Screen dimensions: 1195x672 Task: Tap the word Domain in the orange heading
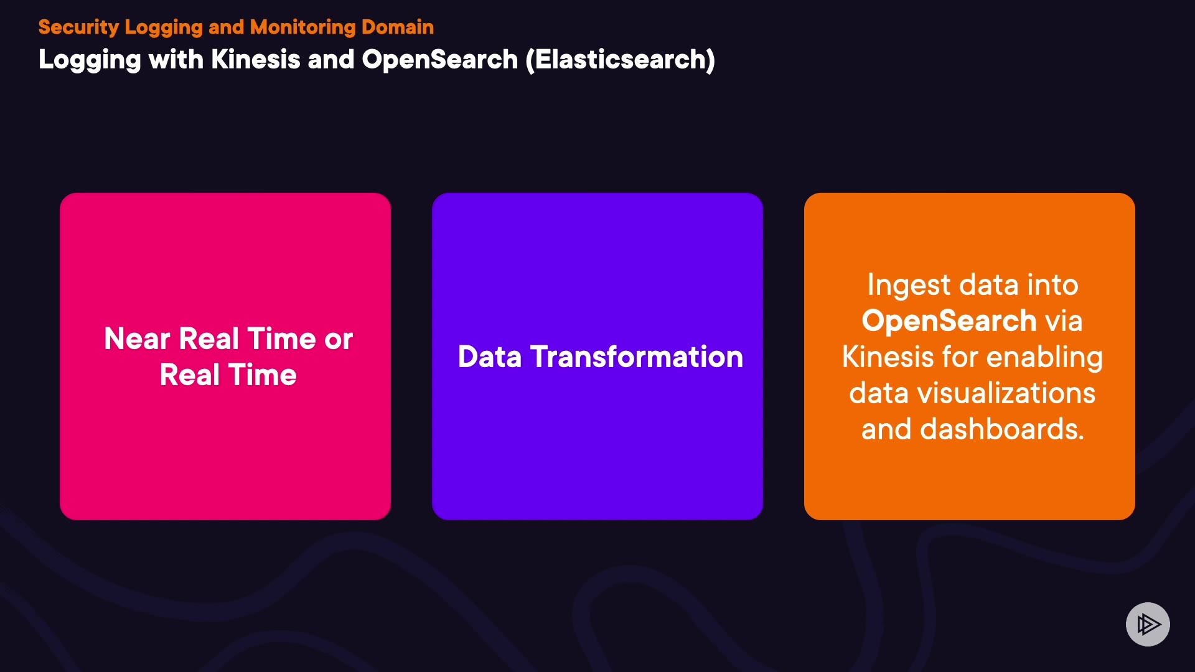tap(398, 27)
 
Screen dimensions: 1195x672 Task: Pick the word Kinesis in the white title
tap(256, 60)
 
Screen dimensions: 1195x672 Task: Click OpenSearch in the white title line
tap(440, 60)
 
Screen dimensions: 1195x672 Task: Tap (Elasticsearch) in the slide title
tap(621, 60)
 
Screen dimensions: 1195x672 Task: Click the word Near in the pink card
tap(137, 339)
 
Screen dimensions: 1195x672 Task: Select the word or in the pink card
tap(339, 340)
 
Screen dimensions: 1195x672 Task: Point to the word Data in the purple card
tap(489, 357)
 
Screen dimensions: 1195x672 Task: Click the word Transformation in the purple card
tap(637, 357)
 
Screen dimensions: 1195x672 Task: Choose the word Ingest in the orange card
tap(909, 286)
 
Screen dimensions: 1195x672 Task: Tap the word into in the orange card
tap(1052, 285)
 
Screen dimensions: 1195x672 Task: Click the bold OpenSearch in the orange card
tap(949, 321)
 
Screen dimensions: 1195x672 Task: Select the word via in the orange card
tap(1064, 321)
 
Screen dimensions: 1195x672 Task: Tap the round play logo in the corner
tap(1148, 624)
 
